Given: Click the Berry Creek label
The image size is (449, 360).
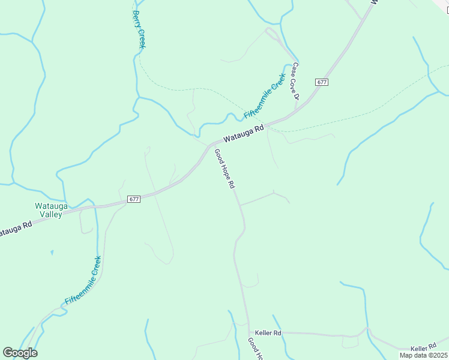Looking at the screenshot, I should pos(139,29).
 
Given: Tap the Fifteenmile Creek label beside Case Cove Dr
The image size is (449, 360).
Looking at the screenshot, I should pos(264,95).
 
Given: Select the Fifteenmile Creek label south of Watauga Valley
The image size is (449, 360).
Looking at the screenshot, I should pos(83,279).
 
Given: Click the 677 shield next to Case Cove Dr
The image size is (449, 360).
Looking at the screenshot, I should pos(322,82).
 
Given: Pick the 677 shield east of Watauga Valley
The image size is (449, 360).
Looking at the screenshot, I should pos(134,199).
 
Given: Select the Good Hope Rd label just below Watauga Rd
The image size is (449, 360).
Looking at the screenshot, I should pos(224,169).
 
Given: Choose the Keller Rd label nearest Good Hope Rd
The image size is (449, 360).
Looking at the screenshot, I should pos(268,333).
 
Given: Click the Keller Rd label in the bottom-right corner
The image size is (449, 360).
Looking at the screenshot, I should pos(424,348).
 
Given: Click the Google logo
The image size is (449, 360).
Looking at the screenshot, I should pos(20,353).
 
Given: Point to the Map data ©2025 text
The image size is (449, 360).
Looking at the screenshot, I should pos(423,355).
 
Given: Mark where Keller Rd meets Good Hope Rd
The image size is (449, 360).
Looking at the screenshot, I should pos(249,332).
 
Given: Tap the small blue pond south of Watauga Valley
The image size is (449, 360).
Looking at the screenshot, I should pos(52,252).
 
